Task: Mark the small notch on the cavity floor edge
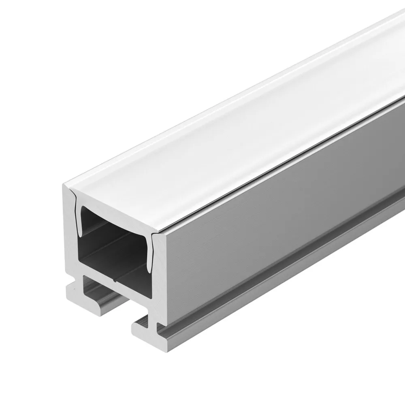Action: [x=116, y=279]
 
